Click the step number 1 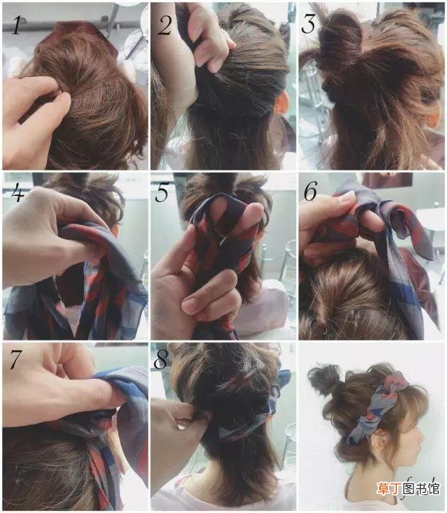point(16,26)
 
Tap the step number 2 point(165,25)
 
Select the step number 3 point(308,24)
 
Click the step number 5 point(162,193)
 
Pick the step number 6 point(310,191)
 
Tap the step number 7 point(15,359)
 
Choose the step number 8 point(161,359)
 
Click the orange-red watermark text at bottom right point(407,489)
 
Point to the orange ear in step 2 point(281,102)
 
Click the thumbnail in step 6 point(346,196)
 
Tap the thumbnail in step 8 point(182,426)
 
